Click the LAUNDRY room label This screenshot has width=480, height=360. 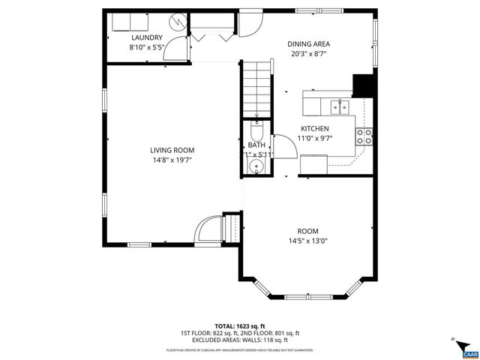point(147,37)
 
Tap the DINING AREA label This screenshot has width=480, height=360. point(309,43)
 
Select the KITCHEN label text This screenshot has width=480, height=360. point(315,128)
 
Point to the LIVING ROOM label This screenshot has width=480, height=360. point(172,150)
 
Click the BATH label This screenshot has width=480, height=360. point(256,145)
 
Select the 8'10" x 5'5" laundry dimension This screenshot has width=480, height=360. point(147,47)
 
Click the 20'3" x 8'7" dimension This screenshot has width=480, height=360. point(309,54)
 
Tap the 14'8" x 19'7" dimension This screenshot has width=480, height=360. point(172,160)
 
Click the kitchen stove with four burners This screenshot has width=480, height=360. point(364,136)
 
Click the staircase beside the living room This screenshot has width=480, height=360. point(255,88)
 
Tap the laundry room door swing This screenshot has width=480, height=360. point(175,49)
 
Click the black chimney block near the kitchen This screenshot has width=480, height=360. point(364,86)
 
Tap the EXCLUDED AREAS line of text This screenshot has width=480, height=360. point(239,339)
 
